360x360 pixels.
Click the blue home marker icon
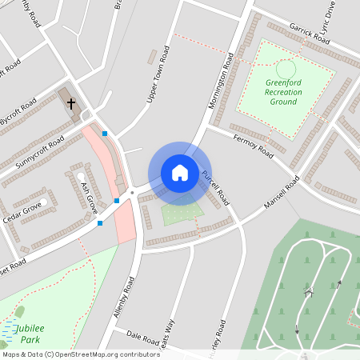click(x=180, y=172)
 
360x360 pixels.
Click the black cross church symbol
click(x=71, y=104)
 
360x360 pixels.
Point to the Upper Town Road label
click(x=158, y=74)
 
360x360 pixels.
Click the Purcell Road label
click(x=216, y=189)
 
